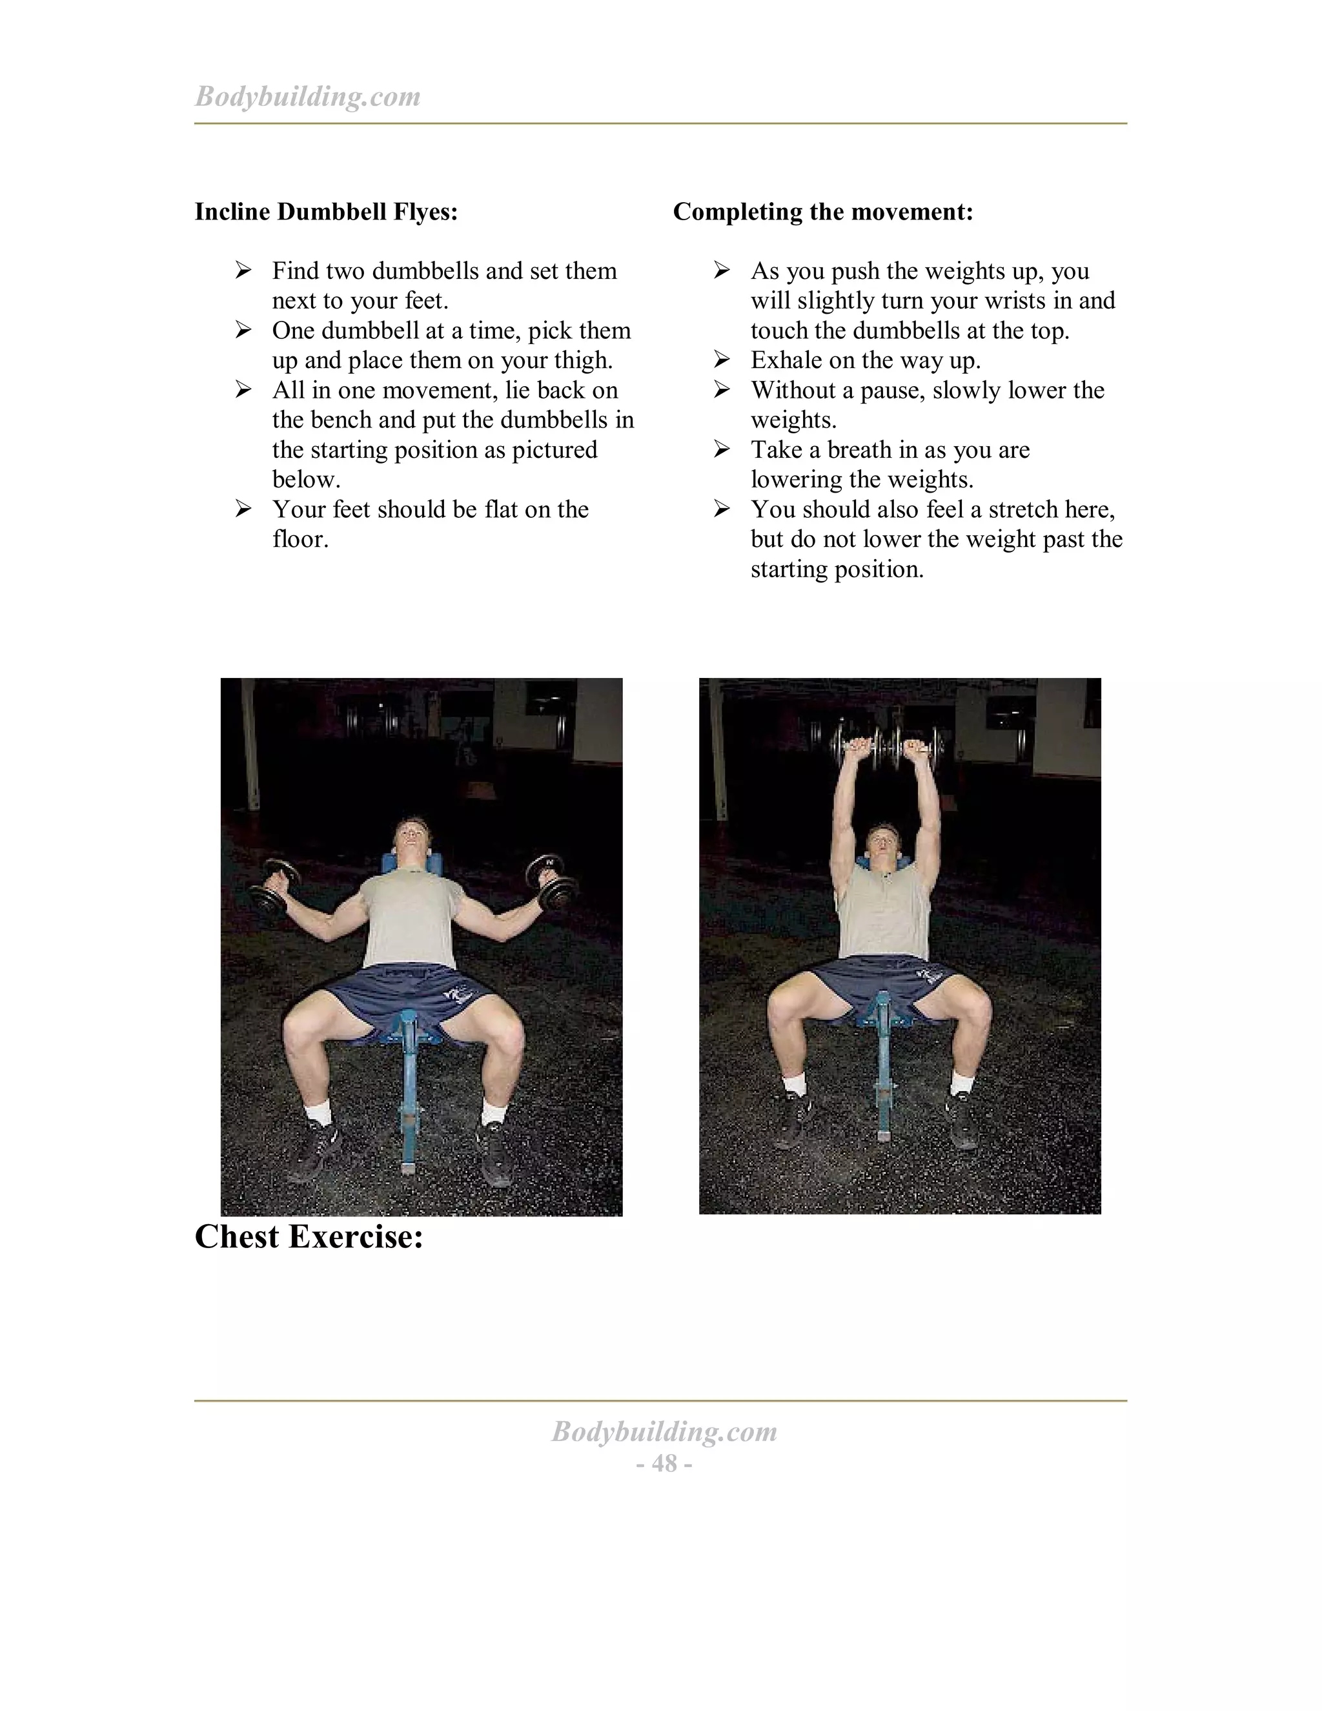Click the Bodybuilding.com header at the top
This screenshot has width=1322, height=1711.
coord(307,96)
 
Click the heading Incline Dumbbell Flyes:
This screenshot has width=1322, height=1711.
coord(326,212)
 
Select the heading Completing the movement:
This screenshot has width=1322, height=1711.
coord(822,212)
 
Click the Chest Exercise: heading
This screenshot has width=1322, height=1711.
coord(309,1237)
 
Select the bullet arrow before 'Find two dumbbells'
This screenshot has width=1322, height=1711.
coord(243,271)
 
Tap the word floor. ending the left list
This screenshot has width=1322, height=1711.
coord(300,540)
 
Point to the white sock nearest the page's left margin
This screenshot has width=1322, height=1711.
coord(319,1113)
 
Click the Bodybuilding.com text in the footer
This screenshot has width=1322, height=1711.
coord(664,1431)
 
